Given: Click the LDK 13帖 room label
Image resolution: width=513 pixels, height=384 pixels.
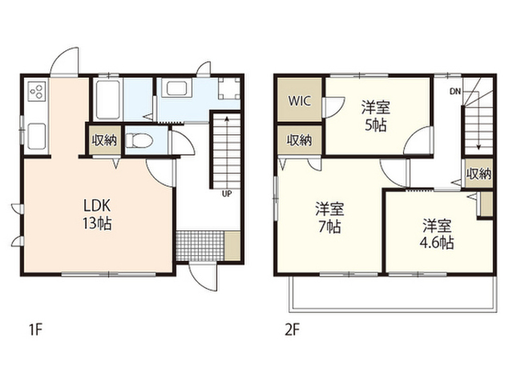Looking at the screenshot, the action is pos(97,215).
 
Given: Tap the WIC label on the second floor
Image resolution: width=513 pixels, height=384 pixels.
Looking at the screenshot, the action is pos(299,101).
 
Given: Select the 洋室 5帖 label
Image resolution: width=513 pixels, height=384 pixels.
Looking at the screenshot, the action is pos(376,117).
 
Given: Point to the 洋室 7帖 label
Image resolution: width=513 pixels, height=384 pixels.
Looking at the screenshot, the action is pos(329,218).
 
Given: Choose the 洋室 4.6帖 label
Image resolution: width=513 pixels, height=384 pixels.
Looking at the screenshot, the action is pos(437,234).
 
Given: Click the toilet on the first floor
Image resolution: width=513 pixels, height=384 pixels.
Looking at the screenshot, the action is pos(139,141).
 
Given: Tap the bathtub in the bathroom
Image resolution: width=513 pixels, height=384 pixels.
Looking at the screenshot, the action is pos(108,99).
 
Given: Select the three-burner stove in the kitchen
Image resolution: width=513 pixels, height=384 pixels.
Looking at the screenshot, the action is pos(36,91).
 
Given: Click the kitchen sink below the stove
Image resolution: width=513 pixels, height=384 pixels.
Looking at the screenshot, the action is pos(37,136).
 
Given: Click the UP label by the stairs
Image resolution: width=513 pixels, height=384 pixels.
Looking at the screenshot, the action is pos(227,194).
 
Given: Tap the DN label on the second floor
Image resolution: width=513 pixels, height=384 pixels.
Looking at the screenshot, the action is pos(455,91).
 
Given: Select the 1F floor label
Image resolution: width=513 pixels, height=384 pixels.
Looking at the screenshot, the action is pos(36,330).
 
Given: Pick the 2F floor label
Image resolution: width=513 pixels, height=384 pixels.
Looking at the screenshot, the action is pos(292,330).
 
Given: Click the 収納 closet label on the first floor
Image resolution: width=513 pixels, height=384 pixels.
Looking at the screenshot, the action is pos(104,140).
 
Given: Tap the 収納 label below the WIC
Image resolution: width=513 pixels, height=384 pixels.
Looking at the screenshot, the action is pos(299,140).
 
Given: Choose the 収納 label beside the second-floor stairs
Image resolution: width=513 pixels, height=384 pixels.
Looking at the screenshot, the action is pos(479,174).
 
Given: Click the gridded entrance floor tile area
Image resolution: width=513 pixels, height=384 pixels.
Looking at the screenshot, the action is pos(200,246).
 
